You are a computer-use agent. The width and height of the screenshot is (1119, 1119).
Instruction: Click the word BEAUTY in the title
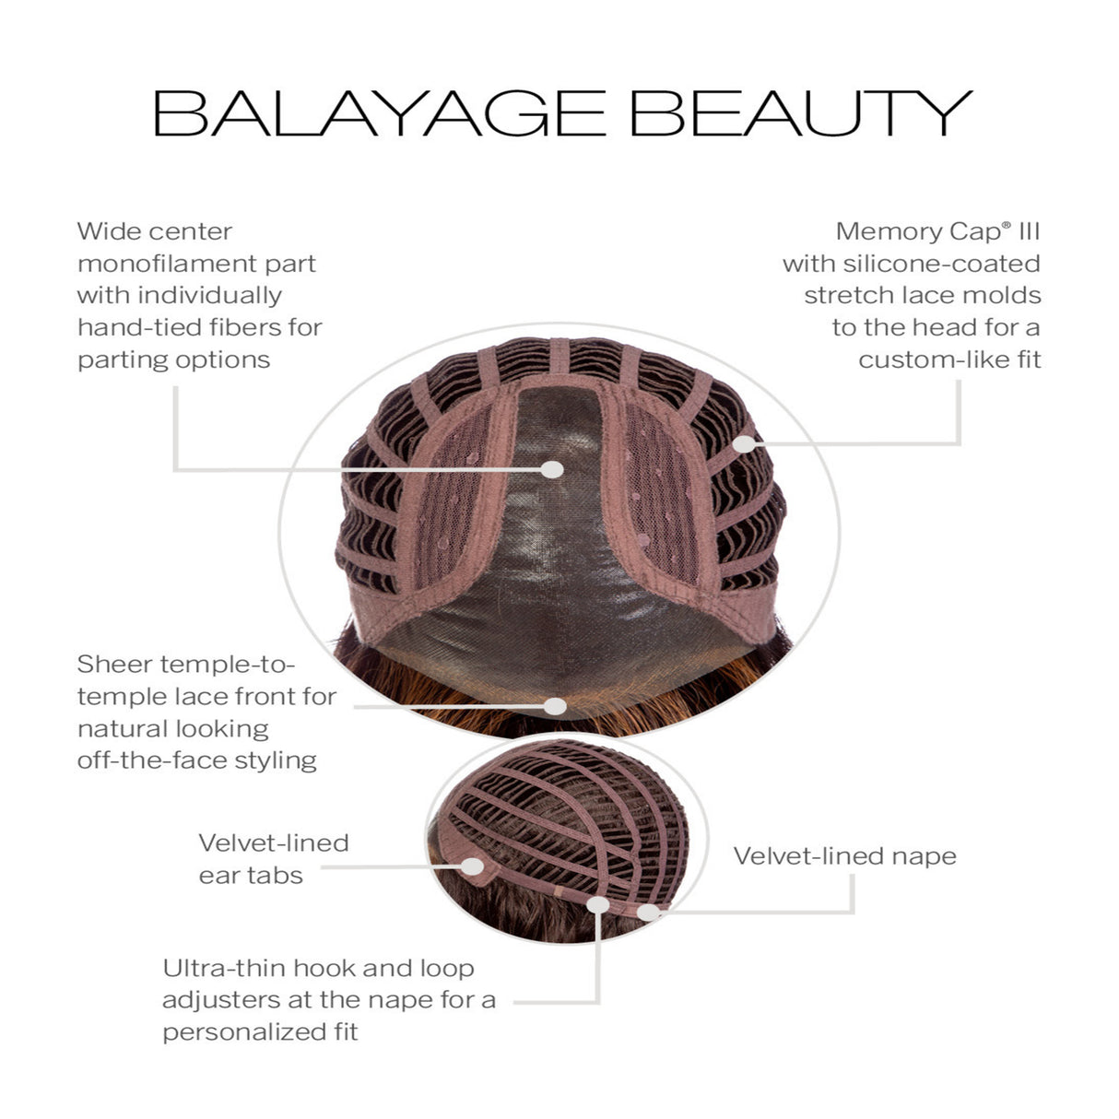[801, 112]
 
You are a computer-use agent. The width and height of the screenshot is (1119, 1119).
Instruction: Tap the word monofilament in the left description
[168, 265]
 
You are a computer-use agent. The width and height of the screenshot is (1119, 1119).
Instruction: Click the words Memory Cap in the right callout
[920, 231]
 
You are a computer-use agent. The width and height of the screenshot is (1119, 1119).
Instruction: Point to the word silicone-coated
[942, 265]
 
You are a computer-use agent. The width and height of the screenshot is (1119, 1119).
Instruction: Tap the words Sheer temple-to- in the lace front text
[186, 665]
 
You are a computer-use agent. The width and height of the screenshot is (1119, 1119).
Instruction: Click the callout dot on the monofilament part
[552, 469]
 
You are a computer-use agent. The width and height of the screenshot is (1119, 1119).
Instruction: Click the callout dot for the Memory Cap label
[744, 444]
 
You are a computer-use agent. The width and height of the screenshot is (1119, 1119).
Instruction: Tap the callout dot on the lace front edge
[555, 706]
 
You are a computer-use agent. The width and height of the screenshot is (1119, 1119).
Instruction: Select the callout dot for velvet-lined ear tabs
[473, 866]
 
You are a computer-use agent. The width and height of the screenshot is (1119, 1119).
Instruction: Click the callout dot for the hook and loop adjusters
[597, 905]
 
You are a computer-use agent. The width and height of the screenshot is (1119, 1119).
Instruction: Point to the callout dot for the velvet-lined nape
[648, 912]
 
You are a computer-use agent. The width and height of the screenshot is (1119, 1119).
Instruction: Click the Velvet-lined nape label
[845, 856]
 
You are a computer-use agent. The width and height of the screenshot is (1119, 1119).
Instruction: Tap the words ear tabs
[251, 876]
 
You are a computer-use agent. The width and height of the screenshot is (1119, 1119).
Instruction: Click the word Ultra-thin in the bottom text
[224, 968]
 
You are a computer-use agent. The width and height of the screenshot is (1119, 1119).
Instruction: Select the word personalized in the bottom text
[240, 1032]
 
